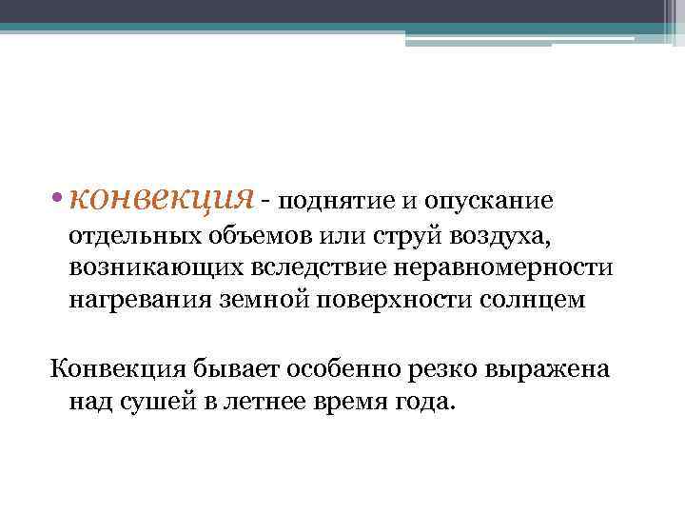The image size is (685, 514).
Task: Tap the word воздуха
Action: click(x=456, y=235)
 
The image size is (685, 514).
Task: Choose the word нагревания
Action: click(x=131, y=302)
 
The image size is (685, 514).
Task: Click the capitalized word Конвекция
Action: click(x=110, y=368)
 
